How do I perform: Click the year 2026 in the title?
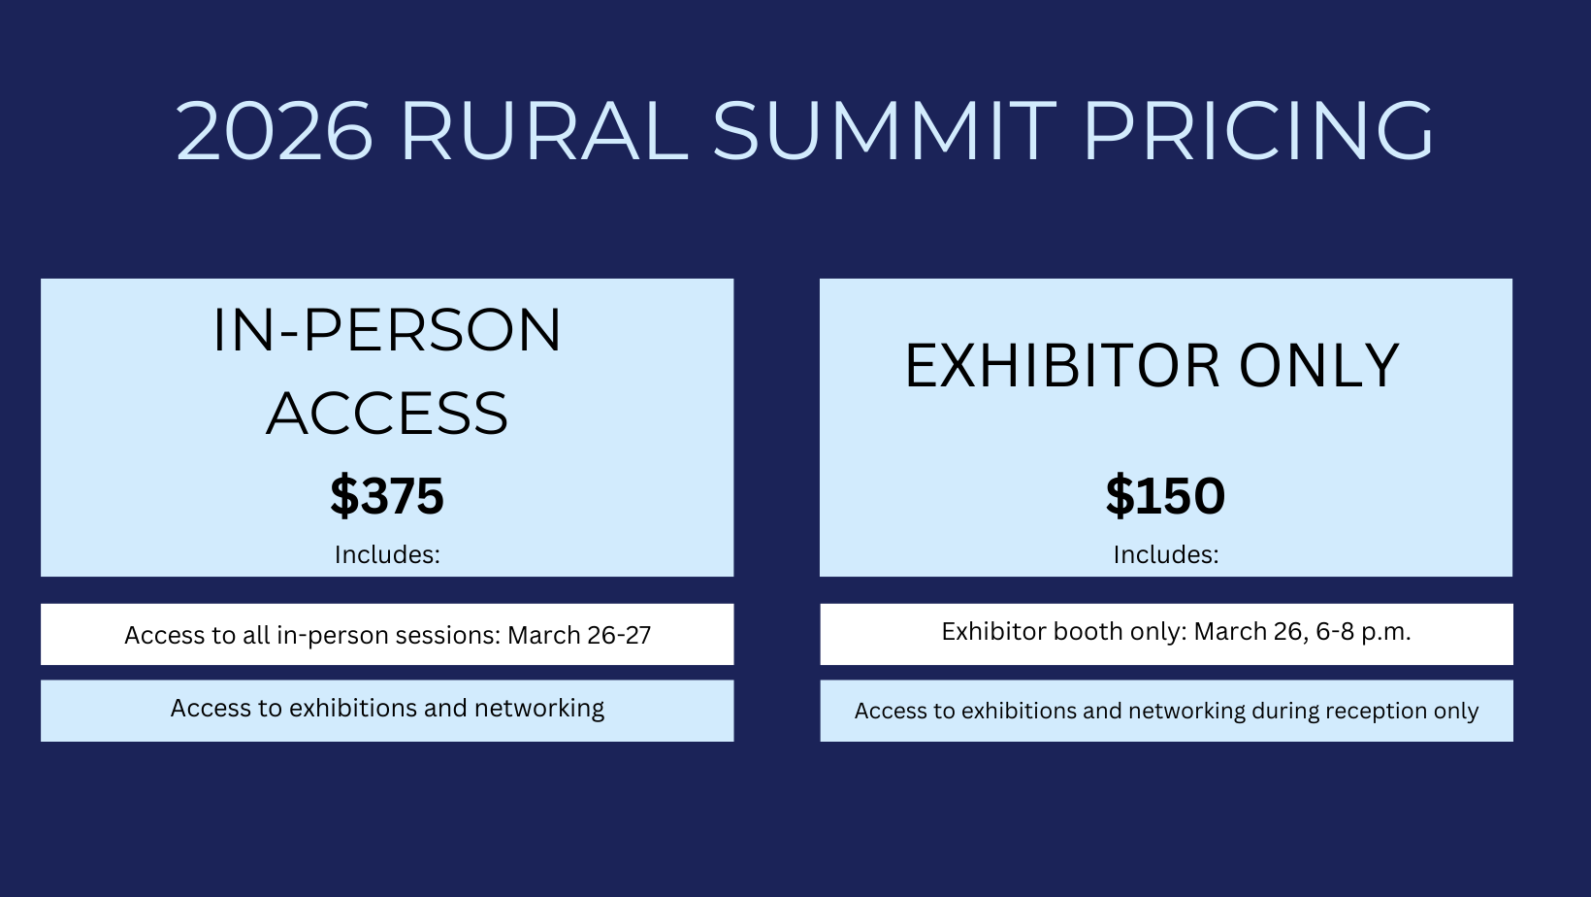click(x=275, y=131)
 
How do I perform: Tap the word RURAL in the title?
click(x=545, y=131)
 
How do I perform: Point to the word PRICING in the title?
click(x=1259, y=131)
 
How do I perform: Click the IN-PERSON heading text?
click(x=387, y=330)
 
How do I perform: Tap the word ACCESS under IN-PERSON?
click(x=387, y=413)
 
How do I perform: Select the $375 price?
click(x=387, y=495)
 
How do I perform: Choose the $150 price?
click(x=1165, y=495)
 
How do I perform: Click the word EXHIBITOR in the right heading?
click(x=1062, y=365)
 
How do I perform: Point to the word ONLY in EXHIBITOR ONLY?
click(x=1319, y=365)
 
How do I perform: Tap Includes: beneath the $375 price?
click(x=387, y=555)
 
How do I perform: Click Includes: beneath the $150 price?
click(x=1165, y=555)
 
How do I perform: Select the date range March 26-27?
click(x=579, y=635)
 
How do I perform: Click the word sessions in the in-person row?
click(x=448, y=636)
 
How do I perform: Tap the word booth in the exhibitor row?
click(x=1088, y=631)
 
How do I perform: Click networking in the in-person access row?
click(x=539, y=709)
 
